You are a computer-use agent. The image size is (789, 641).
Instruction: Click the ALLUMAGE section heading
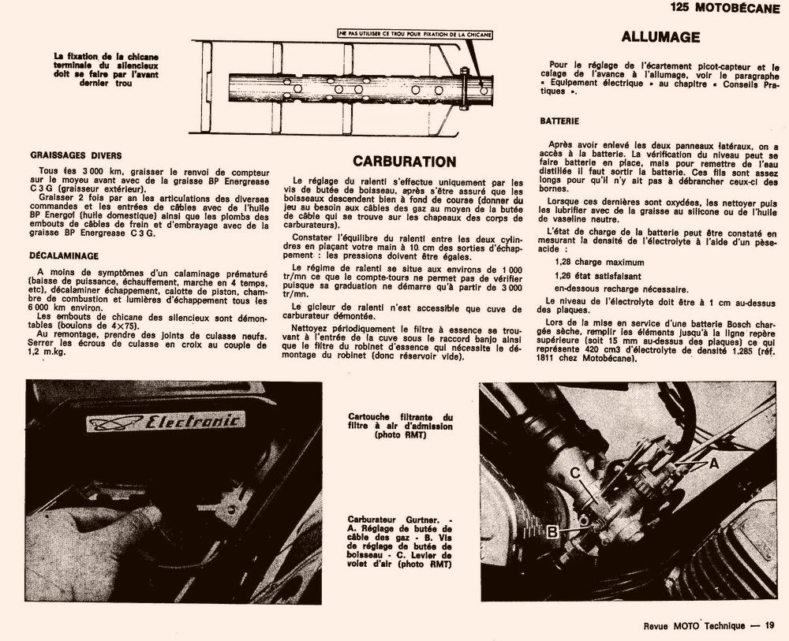pos(660,37)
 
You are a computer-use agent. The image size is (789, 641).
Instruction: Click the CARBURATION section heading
pos(404,162)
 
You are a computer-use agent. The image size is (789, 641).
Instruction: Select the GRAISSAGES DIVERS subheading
pos(76,156)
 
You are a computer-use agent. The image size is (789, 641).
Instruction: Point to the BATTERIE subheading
pos(560,121)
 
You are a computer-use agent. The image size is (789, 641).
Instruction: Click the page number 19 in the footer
pos(769,625)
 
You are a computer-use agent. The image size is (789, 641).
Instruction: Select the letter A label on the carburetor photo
pos(713,464)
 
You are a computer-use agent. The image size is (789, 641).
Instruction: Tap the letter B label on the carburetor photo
pos(553,531)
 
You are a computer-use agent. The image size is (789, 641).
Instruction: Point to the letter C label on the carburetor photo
pos(576,473)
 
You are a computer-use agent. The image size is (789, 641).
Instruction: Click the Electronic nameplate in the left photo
pos(165,422)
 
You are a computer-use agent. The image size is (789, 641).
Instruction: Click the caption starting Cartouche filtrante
pos(401,426)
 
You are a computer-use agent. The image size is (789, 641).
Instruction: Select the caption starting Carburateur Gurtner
pos(401,542)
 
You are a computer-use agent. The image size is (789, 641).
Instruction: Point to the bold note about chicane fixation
pos(106,69)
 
